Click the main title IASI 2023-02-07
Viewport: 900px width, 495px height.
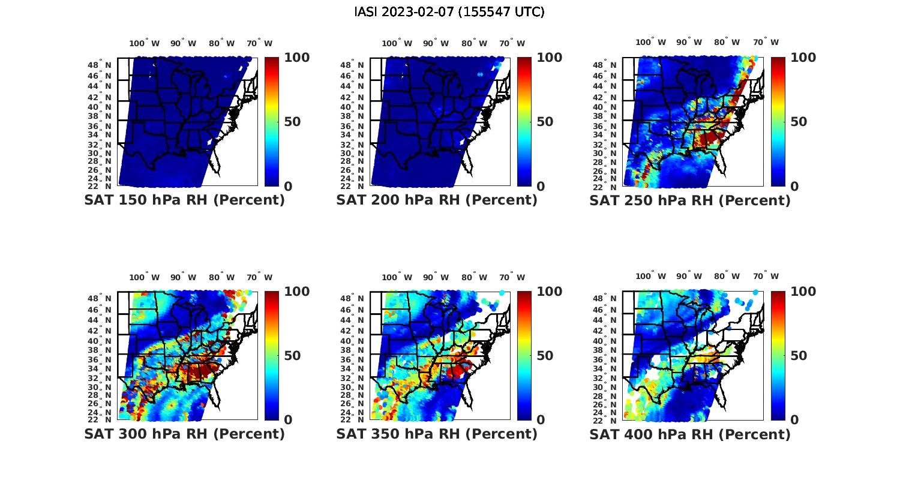[x=449, y=12]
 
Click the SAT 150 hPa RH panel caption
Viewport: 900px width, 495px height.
[x=184, y=200]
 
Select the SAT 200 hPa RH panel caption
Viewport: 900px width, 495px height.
[x=437, y=200]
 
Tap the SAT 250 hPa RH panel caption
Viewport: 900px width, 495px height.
[x=690, y=200]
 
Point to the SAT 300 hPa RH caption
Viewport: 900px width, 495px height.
[x=184, y=434]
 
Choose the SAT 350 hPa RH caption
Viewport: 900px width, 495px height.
[x=437, y=434]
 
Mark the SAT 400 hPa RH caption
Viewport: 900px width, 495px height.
[x=690, y=434]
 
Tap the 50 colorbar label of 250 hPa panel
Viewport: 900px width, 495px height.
[x=798, y=122]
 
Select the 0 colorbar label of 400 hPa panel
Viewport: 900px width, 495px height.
[x=794, y=420]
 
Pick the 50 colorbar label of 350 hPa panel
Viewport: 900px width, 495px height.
[x=545, y=356]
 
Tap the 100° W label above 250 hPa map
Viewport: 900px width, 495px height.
[x=650, y=43]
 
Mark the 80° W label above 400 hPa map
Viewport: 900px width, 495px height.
[x=727, y=277]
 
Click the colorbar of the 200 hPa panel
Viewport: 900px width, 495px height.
[x=524, y=122]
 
